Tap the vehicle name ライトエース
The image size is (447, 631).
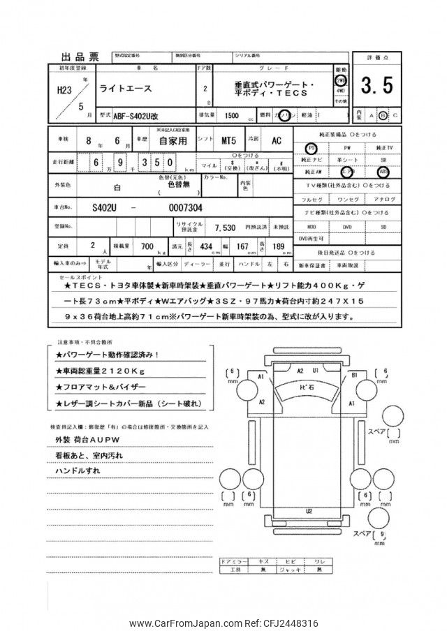tap(124, 88)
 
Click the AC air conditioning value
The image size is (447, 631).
tap(277, 141)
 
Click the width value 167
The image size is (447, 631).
tap(243, 247)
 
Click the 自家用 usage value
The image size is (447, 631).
tap(171, 141)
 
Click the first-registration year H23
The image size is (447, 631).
tap(64, 90)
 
